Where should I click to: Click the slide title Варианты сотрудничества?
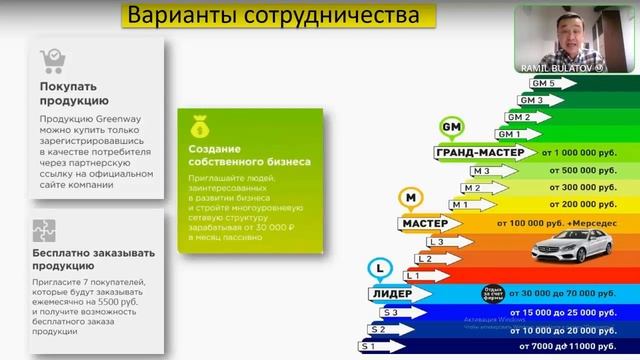coord(268,17)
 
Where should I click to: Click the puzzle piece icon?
coord(46,231)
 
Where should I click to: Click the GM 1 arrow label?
coord(510,134)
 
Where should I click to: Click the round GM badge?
coord(451,128)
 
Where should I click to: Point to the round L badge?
coord(380,268)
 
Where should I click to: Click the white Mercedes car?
coord(570,245)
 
